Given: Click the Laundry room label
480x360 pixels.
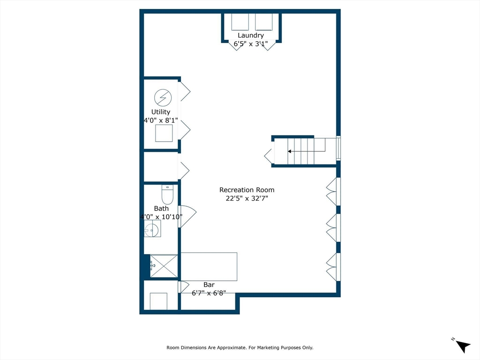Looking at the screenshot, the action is [x=251, y=35].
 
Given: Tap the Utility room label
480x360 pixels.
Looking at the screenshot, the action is [x=161, y=112].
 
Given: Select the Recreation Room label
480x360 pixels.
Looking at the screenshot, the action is [x=247, y=190].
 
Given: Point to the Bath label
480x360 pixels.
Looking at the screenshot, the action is [x=161, y=209].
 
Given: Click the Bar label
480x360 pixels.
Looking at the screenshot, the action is [x=209, y=285].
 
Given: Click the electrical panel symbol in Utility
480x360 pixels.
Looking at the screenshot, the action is [x=163, y=97].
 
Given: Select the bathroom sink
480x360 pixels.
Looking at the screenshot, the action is [x=152, y=229].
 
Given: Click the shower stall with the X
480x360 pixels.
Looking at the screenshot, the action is [x=164, y=266].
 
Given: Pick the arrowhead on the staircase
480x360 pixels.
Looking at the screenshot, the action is [x=289, y=151].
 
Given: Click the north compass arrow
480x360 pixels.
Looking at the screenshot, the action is [x=463, y=346].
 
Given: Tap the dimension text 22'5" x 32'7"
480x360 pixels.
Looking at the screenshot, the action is [x=247, y=198].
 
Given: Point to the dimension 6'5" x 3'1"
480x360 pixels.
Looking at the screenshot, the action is [x=251, y=44].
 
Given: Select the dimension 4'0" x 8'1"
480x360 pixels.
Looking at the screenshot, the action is [x=161, y=120].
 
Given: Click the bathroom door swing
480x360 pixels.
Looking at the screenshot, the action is [x=187, y=217].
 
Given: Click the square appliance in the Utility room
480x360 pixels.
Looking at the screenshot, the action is [x=164, y=133].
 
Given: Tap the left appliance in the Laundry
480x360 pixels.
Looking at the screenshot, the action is [x=240, y=22].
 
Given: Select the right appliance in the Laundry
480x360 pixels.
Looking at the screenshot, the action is [x=263, y=22].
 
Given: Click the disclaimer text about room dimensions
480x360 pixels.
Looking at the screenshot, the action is [x=240, y=347].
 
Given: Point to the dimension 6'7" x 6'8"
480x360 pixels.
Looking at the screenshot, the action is [x=209, y=293].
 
